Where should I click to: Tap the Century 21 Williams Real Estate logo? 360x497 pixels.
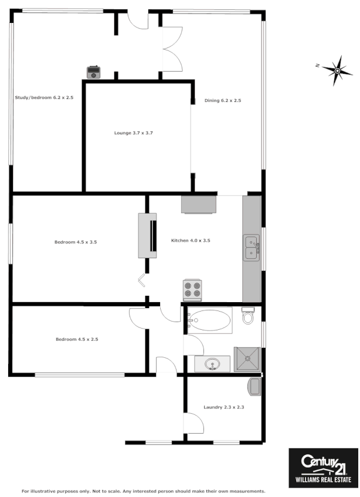tap(323, 468)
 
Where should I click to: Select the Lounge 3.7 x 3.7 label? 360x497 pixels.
tap(133, 133)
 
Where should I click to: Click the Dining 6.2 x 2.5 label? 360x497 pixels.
tap(223, 100)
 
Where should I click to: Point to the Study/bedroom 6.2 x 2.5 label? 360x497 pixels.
tap(44, 97)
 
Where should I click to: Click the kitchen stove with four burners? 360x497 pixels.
tap(192, 290)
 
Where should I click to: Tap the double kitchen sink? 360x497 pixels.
tap(252, 247)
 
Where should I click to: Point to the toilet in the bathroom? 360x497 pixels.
tap(248, 316)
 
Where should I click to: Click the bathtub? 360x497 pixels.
tap(210, 320)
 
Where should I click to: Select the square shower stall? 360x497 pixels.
tap(247, 359)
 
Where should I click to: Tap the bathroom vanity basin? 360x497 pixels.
tap(212, 364)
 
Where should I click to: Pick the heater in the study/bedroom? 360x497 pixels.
tap(94, 72)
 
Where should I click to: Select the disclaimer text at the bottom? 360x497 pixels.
tap(144, 491)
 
